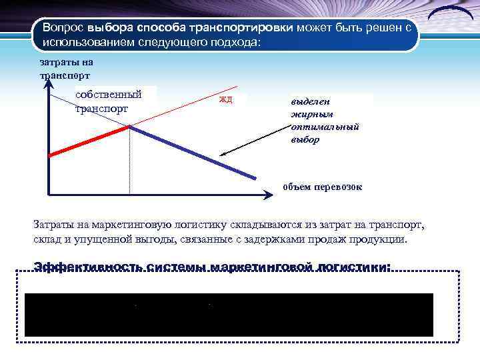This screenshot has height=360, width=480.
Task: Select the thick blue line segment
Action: click(x=193, y=153)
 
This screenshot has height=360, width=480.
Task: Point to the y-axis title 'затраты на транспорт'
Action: click(x=66, y=69)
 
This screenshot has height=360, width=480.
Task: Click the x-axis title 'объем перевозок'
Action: click(x=322, y=187)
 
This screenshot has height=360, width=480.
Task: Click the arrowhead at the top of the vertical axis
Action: click(x=49, y=93)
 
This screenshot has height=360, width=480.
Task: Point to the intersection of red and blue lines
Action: click(x=129, y=127)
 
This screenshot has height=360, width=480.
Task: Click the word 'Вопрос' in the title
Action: click(x=63, y=29)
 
